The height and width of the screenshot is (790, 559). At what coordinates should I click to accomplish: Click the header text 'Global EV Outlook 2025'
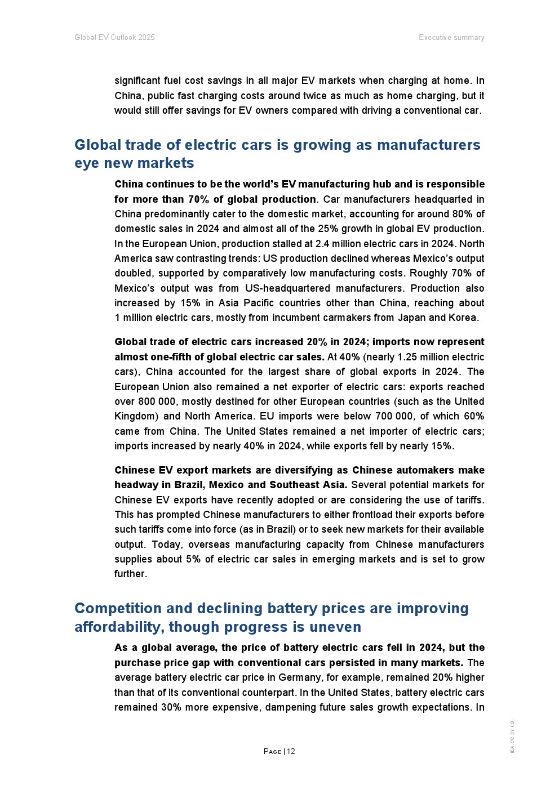(x=114, y=38)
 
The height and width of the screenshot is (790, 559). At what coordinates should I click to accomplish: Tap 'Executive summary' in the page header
(x=451, y=38)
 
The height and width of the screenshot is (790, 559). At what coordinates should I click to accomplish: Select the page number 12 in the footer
(x=291, y=751)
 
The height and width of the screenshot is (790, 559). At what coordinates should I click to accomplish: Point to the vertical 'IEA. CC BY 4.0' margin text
(x=512, y=736)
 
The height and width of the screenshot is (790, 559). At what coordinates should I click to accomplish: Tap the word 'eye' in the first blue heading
(x=86, y=163)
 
